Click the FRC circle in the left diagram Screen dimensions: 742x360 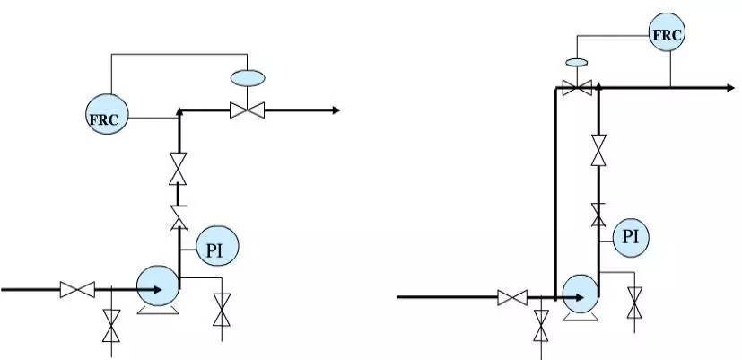[107, 114]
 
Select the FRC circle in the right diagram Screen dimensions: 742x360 [667, 31]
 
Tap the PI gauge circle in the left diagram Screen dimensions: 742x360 [217, 246]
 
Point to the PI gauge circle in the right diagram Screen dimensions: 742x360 [631, 238]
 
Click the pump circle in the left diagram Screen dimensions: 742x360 [158, 286]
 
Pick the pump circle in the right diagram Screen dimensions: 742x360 [581, 294]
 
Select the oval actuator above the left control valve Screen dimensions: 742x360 [248, 78]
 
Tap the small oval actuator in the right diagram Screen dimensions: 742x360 [577, 62]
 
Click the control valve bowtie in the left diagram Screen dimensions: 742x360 [247, 110]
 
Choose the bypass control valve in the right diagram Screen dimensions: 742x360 [577, 88]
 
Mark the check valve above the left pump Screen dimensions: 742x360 [179, 218]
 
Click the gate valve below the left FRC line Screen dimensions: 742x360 [178, 169]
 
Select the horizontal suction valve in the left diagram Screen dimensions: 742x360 [77, 289]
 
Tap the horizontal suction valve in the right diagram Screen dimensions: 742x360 [512, 297]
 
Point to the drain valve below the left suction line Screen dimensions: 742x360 [111, 326]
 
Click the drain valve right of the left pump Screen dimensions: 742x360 [222, 310]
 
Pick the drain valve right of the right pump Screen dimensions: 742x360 [634, 303]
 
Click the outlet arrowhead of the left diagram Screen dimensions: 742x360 [336, 110]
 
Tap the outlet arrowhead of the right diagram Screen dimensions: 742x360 [730, 88]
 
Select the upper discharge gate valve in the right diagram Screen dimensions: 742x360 [598, 150]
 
